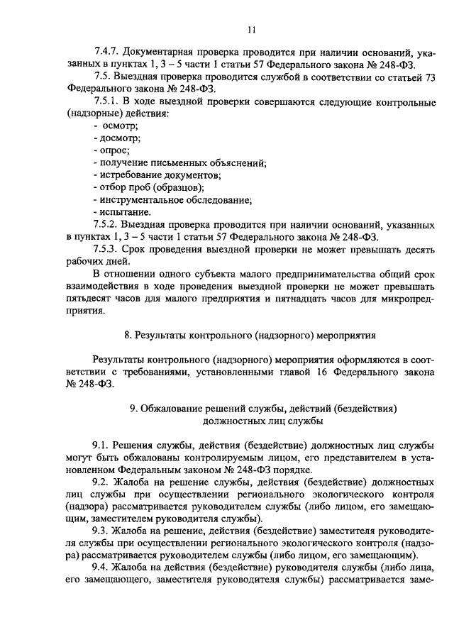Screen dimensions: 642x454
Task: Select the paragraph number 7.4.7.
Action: point(107,53)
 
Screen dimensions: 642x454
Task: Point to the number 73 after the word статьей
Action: point(428,78)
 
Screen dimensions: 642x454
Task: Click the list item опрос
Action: point(113,150)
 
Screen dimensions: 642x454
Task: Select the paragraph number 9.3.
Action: point(101,529)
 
